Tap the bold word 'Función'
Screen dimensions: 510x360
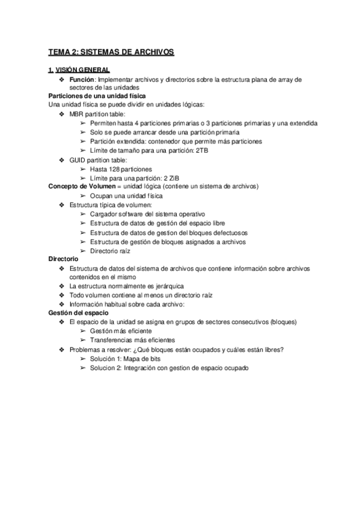pyautogui.click(x=82, y=79)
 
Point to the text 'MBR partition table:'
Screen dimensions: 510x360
pyautogui.click(x=98, y=114)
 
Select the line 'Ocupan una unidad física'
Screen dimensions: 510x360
pyautogui.click(x=126, y=195)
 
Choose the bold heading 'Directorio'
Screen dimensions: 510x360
pyautogui.click(x=64, y=259)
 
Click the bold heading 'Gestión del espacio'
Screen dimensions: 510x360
pyautogui.click(x=78, y=313)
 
